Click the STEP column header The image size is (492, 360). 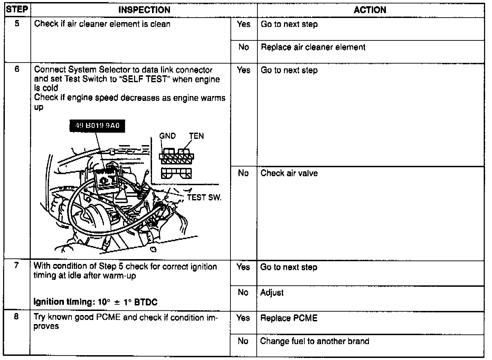pyautogui.click(x=17, y=9)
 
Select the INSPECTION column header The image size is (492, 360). pyautogui.click(x=144, y=10)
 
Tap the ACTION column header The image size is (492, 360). pyautogui.click(x=370, y=10)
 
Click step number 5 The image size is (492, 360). pyautogui.click(x=17, y=24)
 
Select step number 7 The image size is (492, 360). pyautogui.click(x=17, y=266)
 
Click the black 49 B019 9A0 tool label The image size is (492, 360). pyautogui.click(x=97, y=126)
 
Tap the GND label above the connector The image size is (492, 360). pyautogui.click(x=167, y=136)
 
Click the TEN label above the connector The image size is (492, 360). pyautogui.click(x=196, y=136)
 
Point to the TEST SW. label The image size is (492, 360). pyautogui.click(x=204, y=198)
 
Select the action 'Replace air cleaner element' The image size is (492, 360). pyautogui.click(x=313, y=47)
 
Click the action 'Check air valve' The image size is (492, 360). pyautogui.click(x=289, y=173)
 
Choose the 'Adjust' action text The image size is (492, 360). pyautogui.click(x=272, y=293)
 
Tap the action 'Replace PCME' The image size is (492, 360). pyautogui.click(x=289, y=318)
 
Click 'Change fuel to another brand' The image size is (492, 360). pyautogui.click(x=315, y=341)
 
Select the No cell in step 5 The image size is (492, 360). pyautogui.click(x=244, y=47)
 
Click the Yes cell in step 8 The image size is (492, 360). pyautogui.click(x=243, y=318)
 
